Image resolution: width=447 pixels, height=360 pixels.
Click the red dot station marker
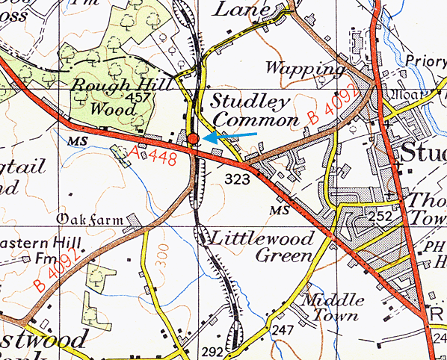[193, 139]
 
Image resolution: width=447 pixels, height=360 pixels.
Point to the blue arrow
[230, 136]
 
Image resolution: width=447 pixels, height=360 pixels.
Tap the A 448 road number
[153, 153]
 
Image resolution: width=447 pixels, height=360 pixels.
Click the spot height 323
[236, 179]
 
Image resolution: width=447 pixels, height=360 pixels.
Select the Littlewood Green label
[262, 247]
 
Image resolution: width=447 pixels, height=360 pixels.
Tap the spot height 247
[282, 329]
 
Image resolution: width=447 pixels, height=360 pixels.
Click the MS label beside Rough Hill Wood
[75, 140]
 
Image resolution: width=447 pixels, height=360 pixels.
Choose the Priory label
[425, 62]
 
